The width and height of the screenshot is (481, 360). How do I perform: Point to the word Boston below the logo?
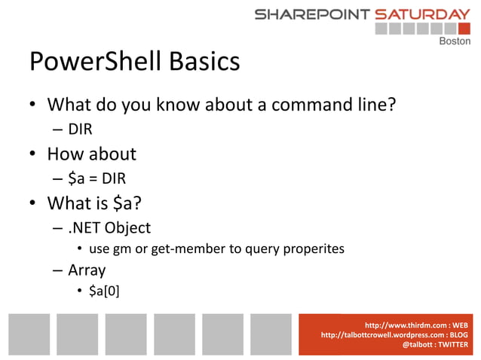click(455, 41)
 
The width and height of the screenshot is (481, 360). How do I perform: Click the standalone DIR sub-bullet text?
click(80, 130)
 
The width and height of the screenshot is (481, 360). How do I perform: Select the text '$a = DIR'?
click(97, 178)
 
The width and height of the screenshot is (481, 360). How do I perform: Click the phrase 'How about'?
click(92, 154)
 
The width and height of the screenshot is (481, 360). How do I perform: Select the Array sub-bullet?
click(87, 270)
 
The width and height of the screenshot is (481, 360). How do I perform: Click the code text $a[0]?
click(104, 290)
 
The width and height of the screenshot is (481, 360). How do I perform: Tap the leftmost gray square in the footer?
click(29, 334)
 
